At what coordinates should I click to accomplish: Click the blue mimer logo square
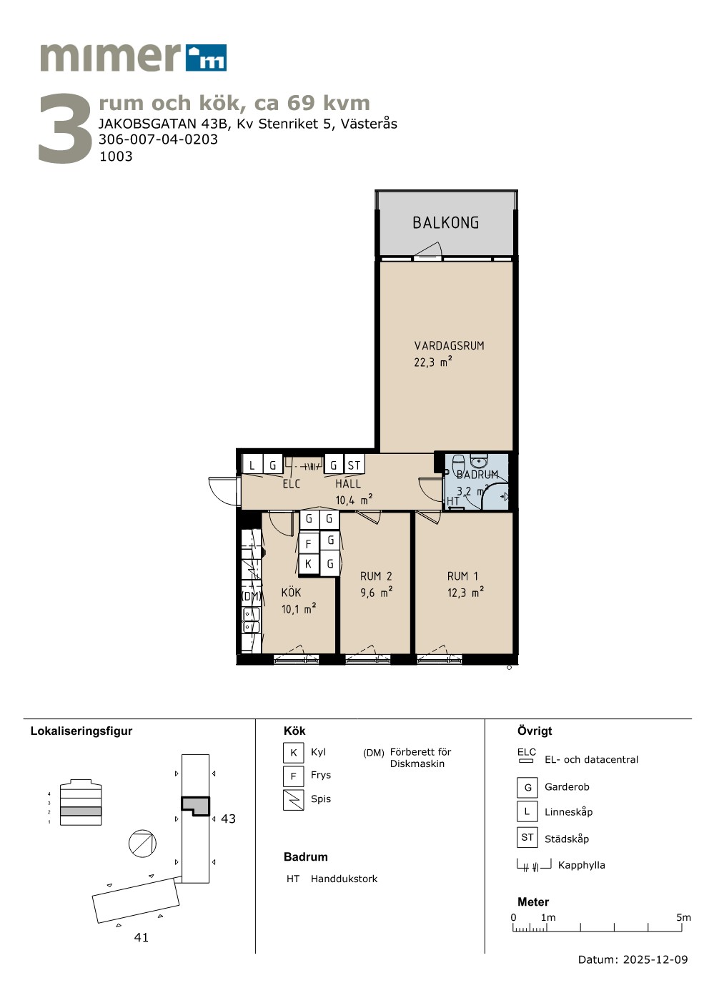207,58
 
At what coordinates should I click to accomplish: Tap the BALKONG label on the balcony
446,222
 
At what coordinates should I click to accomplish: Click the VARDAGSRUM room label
449,346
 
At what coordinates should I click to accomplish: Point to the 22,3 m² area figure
433,362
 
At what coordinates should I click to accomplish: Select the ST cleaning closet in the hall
354,465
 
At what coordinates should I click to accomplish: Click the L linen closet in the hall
252,465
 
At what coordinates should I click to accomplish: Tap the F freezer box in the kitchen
309,544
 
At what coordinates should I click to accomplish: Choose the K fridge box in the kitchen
309,564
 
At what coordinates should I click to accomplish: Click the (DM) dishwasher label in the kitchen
252,596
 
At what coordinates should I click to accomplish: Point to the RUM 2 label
376,575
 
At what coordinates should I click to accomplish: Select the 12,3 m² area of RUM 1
465,593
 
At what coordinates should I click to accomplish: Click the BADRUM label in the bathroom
477,475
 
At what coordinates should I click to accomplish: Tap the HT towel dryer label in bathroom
453,501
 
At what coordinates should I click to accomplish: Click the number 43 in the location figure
228,819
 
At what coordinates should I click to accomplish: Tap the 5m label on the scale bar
683,917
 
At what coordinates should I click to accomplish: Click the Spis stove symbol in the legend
293,800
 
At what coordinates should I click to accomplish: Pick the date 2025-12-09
655,959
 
